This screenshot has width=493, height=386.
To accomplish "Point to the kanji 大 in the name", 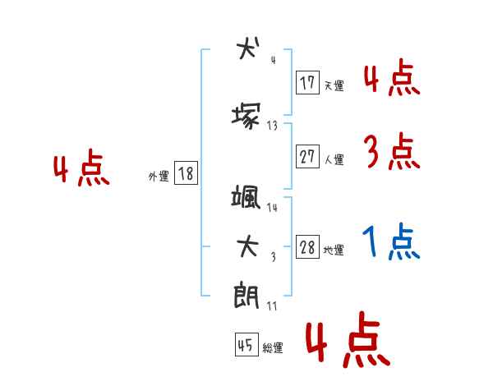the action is click(247, 246).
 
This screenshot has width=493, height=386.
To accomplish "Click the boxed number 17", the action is click(307, 82).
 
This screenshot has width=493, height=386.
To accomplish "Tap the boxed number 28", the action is click(307, 248).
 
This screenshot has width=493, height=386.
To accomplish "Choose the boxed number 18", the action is click(186, 174).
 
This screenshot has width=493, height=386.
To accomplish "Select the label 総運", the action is click(273, 348).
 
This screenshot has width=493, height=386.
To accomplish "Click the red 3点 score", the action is click(392, 152).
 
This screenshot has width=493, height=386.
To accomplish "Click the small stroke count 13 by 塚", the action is click(273, 126).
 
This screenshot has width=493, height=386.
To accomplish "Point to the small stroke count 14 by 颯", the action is click(273, 208).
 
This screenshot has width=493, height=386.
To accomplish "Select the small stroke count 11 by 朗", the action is click(272, 306).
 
